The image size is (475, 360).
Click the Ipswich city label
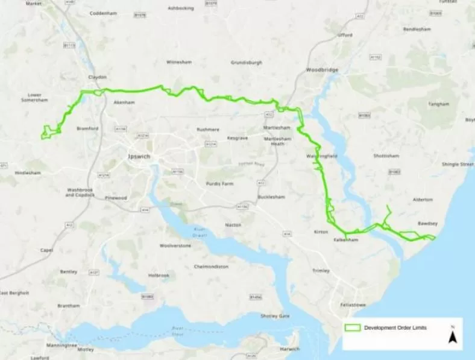pyautogui.click(x=139, y=156)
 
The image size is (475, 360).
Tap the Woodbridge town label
pyautogui.click(x=322, y=70)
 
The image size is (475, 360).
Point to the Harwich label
pyautogui.click(x=289, y=349)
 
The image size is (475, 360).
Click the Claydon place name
pyautogui.click(x=97, y=77)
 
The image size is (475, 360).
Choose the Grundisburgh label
pyautogui.click(x=246, y=62)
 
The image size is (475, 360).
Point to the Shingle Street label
pyautogui.click(x=458, y=164)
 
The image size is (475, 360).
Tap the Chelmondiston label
pyautogui.click(x=211, y=266)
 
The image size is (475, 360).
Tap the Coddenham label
pyautogui.click(x=102, y=13)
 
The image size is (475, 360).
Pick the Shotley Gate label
pyautogui.click(x=275, y=316)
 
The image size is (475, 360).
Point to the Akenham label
pyautogui.click(x=124, y=103)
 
